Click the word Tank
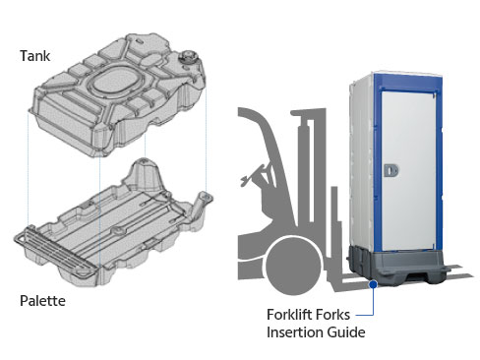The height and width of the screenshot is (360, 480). (x=34, y=56)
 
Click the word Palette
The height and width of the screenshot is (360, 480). (x=42, y=301)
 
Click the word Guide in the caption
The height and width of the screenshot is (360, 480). (x=346, y=332)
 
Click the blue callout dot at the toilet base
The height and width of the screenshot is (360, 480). (x=373, y=284)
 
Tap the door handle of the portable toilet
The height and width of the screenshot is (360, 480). (x=390, y=170)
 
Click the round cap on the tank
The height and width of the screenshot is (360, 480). (x=188, y=56)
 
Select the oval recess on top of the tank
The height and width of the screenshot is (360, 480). (x=113, y=80)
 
